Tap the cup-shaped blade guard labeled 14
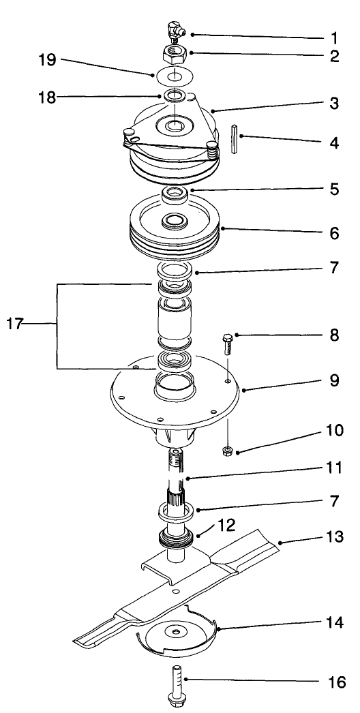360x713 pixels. click(177, 634)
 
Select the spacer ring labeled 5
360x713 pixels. click(175, 195)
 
